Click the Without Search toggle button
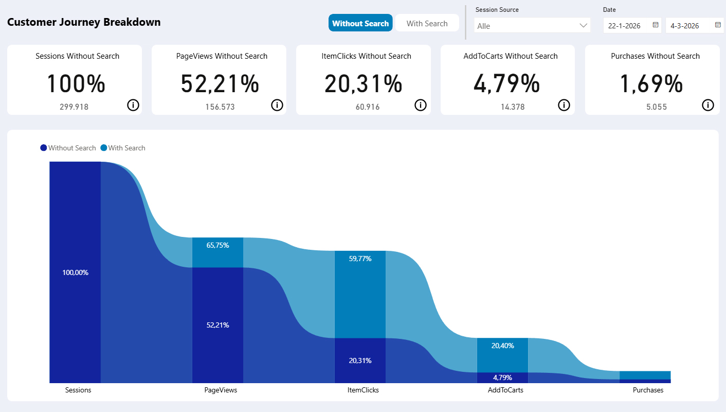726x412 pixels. coord(360,23)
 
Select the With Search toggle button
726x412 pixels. coord(427,23)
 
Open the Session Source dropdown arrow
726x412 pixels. coord(583,25)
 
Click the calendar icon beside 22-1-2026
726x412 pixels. coord(656,25)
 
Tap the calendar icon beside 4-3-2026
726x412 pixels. coord(718,25)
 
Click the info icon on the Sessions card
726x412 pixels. coord(133,105)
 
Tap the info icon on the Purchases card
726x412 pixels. coord(708,105)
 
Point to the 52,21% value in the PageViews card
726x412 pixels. coord(220,84)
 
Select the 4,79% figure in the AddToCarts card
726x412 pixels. coord(506,84)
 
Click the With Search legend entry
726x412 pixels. coord(126,148)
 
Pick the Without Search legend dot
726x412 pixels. coord(44,148)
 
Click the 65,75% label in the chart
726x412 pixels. coord(217,245)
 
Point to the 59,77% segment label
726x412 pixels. coord(360,259)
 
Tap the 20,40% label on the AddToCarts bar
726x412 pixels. coord(502,346)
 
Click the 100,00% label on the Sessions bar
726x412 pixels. coord(75,272)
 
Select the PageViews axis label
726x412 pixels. coord(221,390)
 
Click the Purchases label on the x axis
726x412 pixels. coord(648,390)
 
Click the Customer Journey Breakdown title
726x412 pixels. coord(84,22)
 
